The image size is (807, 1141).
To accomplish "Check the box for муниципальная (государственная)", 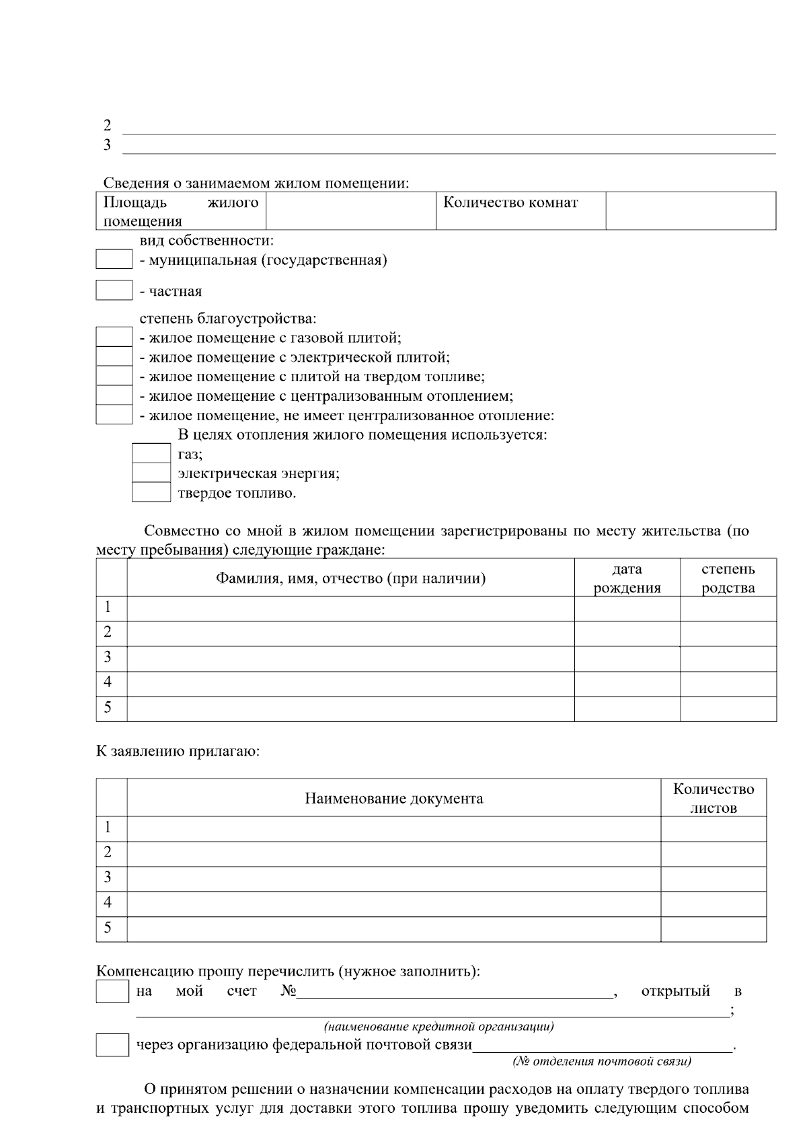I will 114,259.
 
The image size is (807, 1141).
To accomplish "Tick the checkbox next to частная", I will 114,290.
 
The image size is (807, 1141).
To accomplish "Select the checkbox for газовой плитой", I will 114,337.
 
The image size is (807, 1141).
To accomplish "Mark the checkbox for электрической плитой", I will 114,356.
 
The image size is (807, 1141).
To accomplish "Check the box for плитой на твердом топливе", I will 114,376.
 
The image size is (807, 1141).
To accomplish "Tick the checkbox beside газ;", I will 151,453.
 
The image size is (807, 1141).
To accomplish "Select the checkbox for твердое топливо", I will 151,492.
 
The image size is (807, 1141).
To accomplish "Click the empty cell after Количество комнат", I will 691,210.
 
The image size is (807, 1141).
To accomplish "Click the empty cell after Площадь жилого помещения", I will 350,210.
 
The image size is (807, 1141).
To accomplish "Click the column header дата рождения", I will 627,578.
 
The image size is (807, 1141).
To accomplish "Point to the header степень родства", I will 728,578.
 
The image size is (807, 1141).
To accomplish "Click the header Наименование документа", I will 393,798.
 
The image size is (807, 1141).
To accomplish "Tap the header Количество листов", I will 714,798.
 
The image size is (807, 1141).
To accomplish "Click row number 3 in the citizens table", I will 108,657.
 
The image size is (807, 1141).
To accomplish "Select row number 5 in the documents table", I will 108,928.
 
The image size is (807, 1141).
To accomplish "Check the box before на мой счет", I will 112,992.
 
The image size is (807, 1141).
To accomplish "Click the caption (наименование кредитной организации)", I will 438,1027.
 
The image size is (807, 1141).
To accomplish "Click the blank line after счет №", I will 455,993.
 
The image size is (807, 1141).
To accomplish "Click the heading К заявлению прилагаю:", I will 178,750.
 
